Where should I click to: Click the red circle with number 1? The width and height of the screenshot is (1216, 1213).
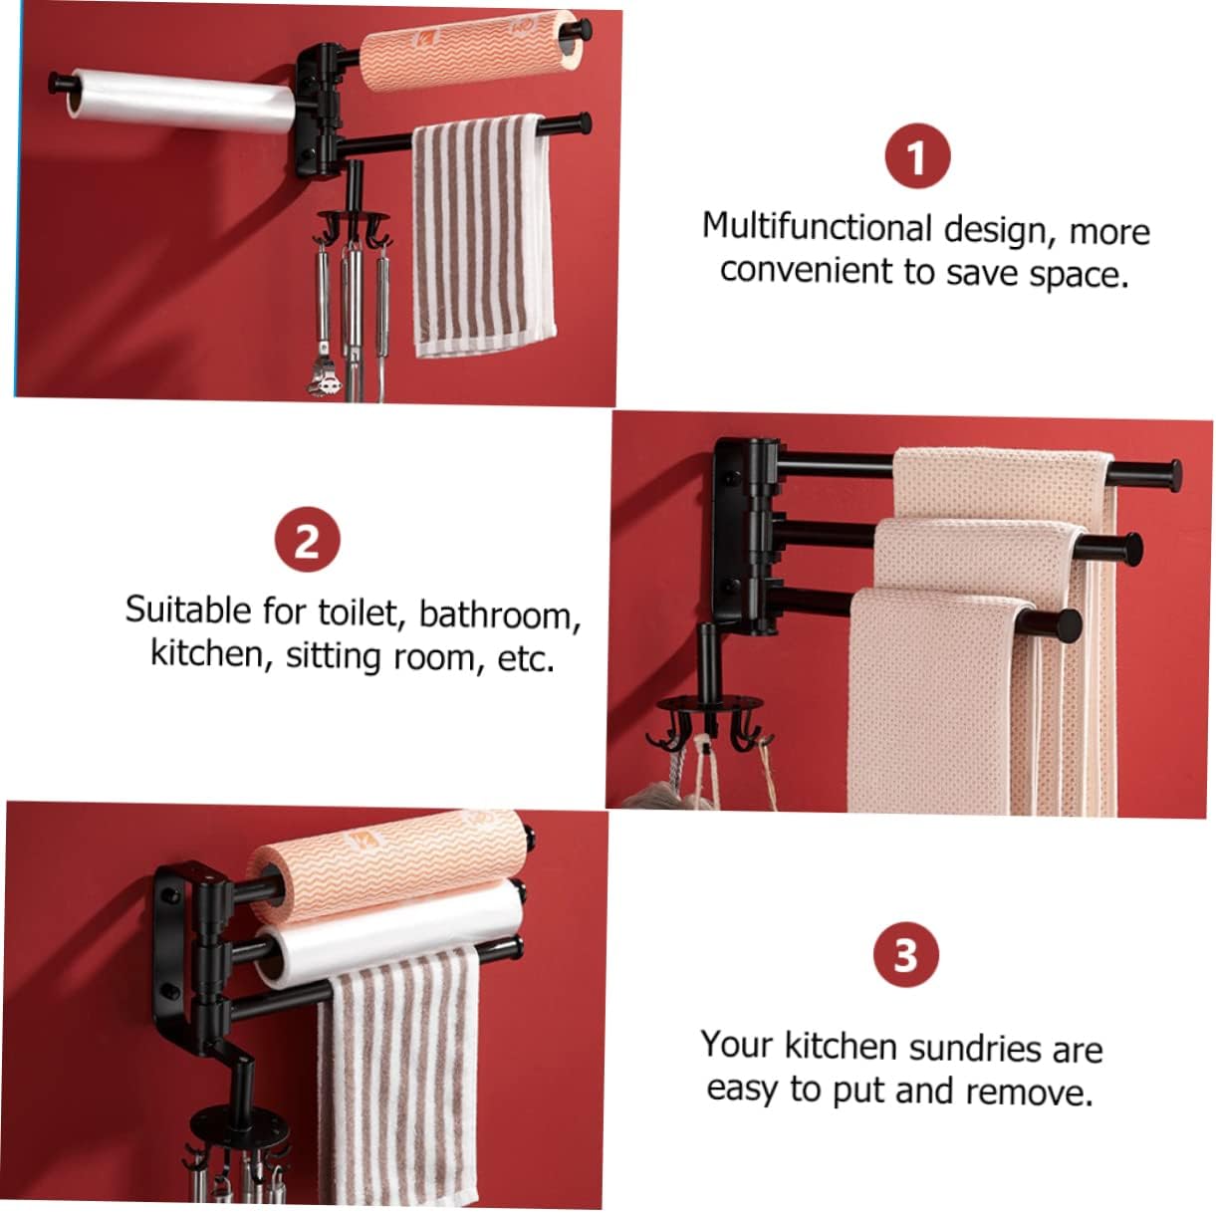(917, 156)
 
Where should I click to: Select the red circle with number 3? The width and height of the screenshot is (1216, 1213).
(905, 954)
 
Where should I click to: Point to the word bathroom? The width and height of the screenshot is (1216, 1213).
(499, 613)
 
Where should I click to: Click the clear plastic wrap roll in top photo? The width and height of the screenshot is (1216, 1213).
(179, 102)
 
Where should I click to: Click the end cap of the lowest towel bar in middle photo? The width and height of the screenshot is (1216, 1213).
(1067, 625)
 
